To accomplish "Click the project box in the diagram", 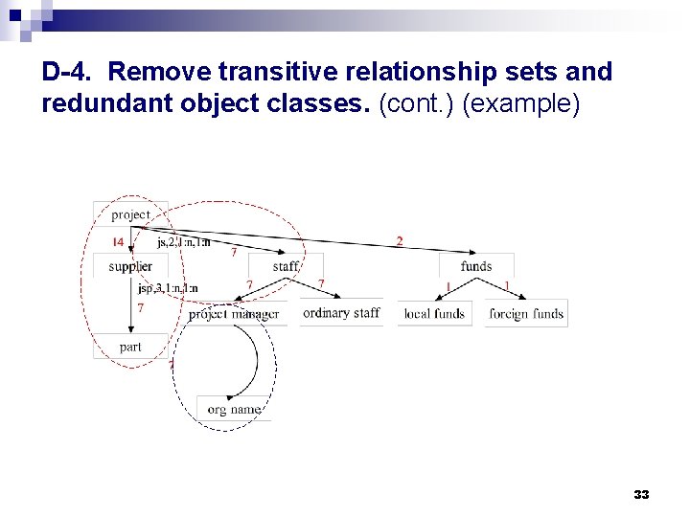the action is click(130, 214).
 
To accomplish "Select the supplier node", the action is click(130, 266).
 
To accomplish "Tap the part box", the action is click(130, 347).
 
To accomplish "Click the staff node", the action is click(286, 265).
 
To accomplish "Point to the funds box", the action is click(476, 265).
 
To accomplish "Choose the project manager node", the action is click(234, 313).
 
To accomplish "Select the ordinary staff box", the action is click(340, 313).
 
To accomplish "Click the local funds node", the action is click(435, 313).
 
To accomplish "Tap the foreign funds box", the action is click(526, 313).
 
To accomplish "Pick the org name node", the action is click(234, 409).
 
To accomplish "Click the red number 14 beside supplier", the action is click(117, 241).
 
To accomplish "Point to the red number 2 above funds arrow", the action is click(400, 240).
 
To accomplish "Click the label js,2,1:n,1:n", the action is click(184, 242).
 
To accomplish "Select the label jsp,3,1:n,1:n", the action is click(168, 288).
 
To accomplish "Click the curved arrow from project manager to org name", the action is click(255, 359).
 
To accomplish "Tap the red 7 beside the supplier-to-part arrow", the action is click(141, 308).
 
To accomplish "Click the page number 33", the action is click(641, 495).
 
